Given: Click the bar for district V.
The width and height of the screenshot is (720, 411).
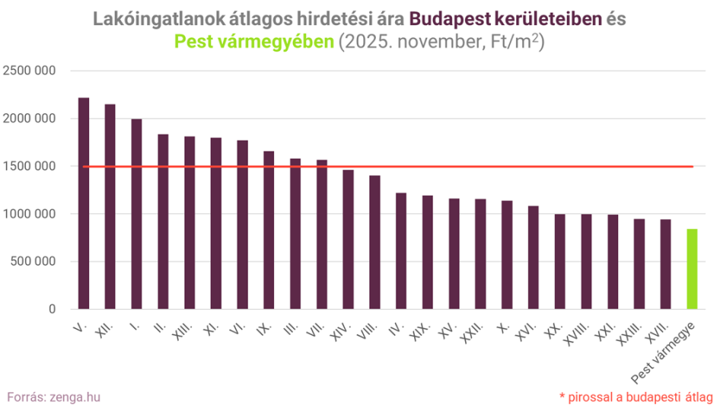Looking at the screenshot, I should [84, 203].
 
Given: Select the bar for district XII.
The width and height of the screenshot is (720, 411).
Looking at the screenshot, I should [110, 206].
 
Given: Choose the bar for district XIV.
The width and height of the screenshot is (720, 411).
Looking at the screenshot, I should [348, 239].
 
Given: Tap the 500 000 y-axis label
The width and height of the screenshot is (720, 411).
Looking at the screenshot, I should [34, 261].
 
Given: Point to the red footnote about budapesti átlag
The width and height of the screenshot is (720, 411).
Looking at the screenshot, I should [636, 397].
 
